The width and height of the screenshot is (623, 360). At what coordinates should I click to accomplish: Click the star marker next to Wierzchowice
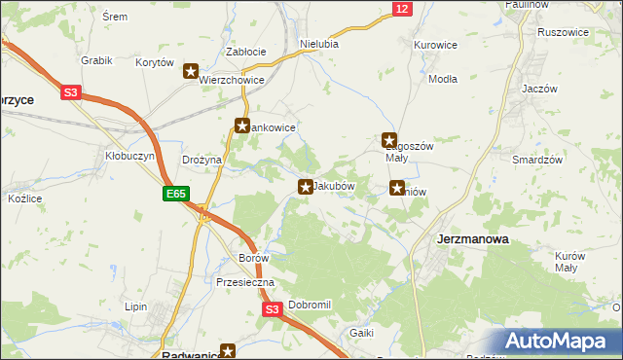[192, 71]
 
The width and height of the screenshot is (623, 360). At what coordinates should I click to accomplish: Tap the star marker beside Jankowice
[242, 126]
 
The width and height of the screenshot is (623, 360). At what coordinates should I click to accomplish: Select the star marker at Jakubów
[306, 186]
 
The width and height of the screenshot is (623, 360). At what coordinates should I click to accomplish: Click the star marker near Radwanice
[228, 351]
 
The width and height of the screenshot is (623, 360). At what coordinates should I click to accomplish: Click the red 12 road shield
[402, 9]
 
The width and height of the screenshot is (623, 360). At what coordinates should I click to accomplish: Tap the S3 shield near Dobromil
[273, 310]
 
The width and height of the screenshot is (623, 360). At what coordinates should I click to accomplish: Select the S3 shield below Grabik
[71, 93]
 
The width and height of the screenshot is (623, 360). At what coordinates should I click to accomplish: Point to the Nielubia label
[319, 44]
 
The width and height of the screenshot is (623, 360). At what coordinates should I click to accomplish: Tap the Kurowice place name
[435, 45]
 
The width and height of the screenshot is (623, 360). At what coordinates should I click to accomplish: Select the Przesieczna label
[245, 282]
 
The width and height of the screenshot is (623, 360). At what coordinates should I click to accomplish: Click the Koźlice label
[25, 198]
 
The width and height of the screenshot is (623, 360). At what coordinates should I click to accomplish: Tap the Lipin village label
[135, 306]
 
